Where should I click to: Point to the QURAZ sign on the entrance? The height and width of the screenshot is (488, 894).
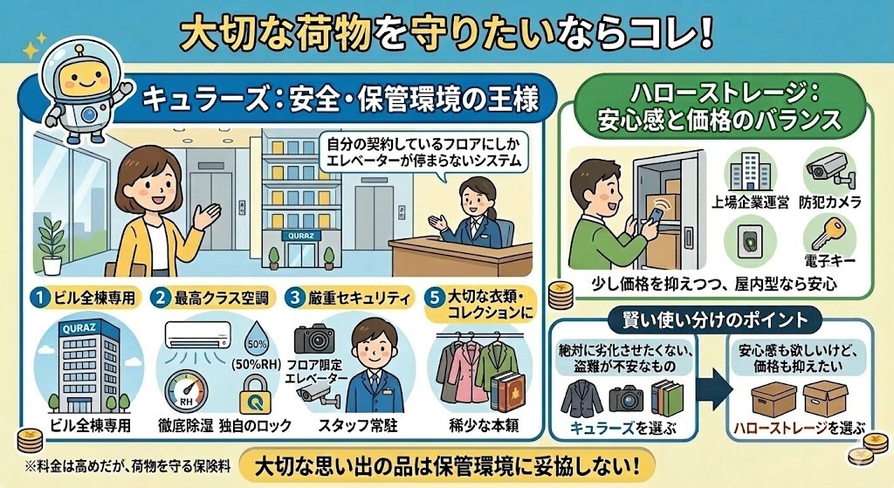[298, 235]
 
